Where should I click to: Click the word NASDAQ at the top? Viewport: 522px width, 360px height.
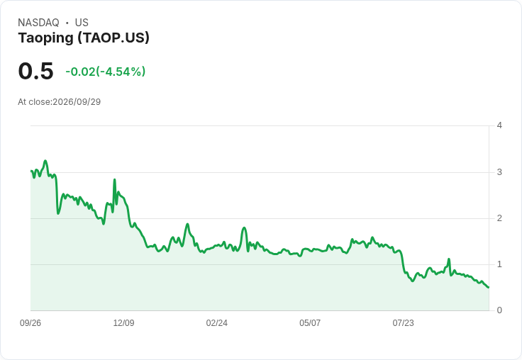38,23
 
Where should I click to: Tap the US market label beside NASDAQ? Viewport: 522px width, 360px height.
82,23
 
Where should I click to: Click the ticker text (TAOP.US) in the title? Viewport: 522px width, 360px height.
113,38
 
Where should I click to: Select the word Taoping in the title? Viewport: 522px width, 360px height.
45,38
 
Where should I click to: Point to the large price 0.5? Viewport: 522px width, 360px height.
35,71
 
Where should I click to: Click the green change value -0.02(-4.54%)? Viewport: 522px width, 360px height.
105,72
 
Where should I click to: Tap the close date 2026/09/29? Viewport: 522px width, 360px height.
77,102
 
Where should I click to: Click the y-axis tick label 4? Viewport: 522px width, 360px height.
499,125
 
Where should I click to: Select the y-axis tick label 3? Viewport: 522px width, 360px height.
499,172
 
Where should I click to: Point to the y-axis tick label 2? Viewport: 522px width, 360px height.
499,218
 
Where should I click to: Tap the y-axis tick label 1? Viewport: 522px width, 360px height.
499,264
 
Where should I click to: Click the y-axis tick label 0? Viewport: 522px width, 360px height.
499,310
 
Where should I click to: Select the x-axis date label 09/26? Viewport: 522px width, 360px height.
30,323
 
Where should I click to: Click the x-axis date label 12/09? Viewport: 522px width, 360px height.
123,323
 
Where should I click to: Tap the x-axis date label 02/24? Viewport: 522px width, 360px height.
217,323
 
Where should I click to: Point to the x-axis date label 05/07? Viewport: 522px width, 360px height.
310,323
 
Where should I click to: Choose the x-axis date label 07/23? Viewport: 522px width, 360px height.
403,323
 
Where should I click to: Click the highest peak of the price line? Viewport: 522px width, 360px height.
45,161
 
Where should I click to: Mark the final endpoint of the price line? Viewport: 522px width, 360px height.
489,287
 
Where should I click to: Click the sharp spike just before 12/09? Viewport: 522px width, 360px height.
114,180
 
